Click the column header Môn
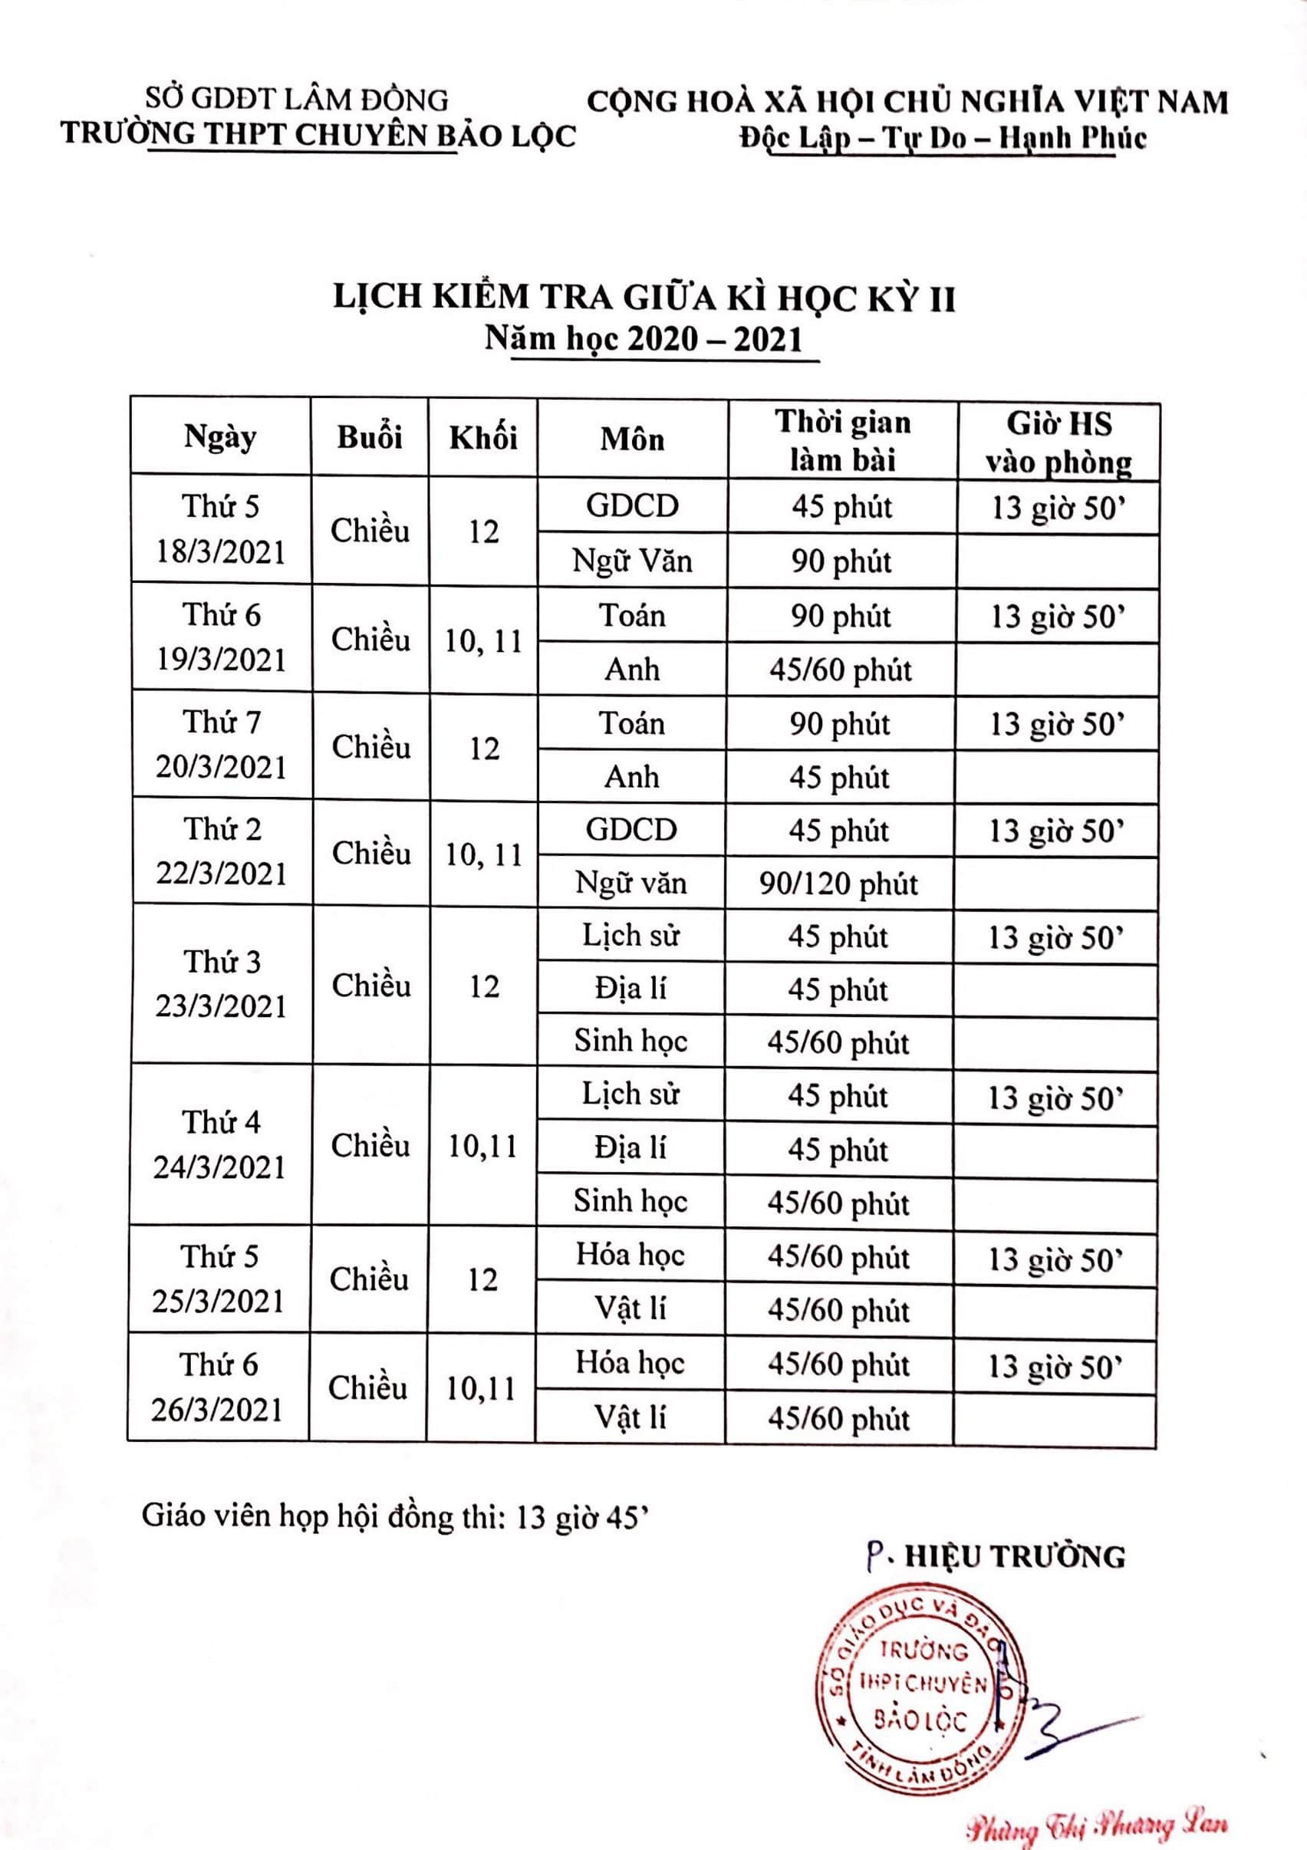point(632,439)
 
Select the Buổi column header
point(369,437)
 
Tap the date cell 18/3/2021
point(221,553)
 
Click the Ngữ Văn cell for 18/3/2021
point(632,561)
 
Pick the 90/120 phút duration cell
point(838,884)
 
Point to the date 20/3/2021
point(221,767)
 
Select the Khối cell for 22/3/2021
point(483,854)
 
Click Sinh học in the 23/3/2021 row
point(630,1041)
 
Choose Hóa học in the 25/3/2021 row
point(630,1256)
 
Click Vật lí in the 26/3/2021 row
point(630,1417)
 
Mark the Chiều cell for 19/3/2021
point(370,640)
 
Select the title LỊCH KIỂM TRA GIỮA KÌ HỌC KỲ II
point(644,298)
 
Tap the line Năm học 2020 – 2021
point(644,339)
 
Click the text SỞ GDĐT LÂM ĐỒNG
point(296,99)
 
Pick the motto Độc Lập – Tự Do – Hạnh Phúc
point(943,138)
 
